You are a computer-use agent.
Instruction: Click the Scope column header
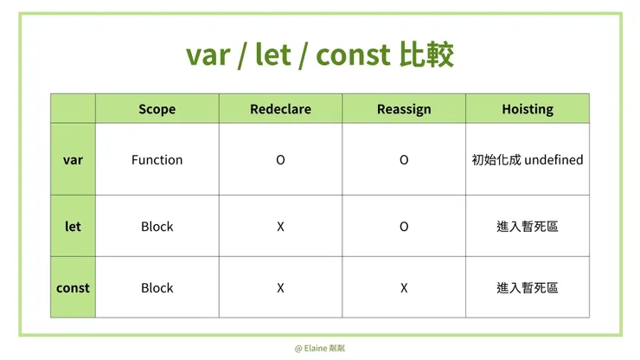click(157, 109)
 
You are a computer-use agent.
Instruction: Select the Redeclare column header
click(280, 109)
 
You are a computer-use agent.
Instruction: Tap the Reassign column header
click(404, 109)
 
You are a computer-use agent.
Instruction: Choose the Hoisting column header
click(528, 109)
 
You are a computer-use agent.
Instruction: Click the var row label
click(73, 160)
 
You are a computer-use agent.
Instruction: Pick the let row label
click(73, 227)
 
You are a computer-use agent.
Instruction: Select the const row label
click(73, 288)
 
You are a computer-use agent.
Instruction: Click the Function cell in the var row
click(157, 160)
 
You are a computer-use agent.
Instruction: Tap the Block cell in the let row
click(157, 227)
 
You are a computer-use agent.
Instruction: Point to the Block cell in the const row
click(157, 288)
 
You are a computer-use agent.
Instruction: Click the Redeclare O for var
click(280, 160)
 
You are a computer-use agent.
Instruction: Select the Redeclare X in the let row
click(280, 227)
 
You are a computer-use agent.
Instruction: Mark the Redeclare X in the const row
click(280, 288)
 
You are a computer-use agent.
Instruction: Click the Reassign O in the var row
click(404, 160)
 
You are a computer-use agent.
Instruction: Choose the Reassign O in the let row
click(404, 227)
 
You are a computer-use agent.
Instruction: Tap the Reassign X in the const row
click(404, 288)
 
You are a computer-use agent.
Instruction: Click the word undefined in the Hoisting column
click(554, 160)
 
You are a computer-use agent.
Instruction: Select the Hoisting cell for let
click(528, 227)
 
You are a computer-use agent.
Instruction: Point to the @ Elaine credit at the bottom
click(320, 348)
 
